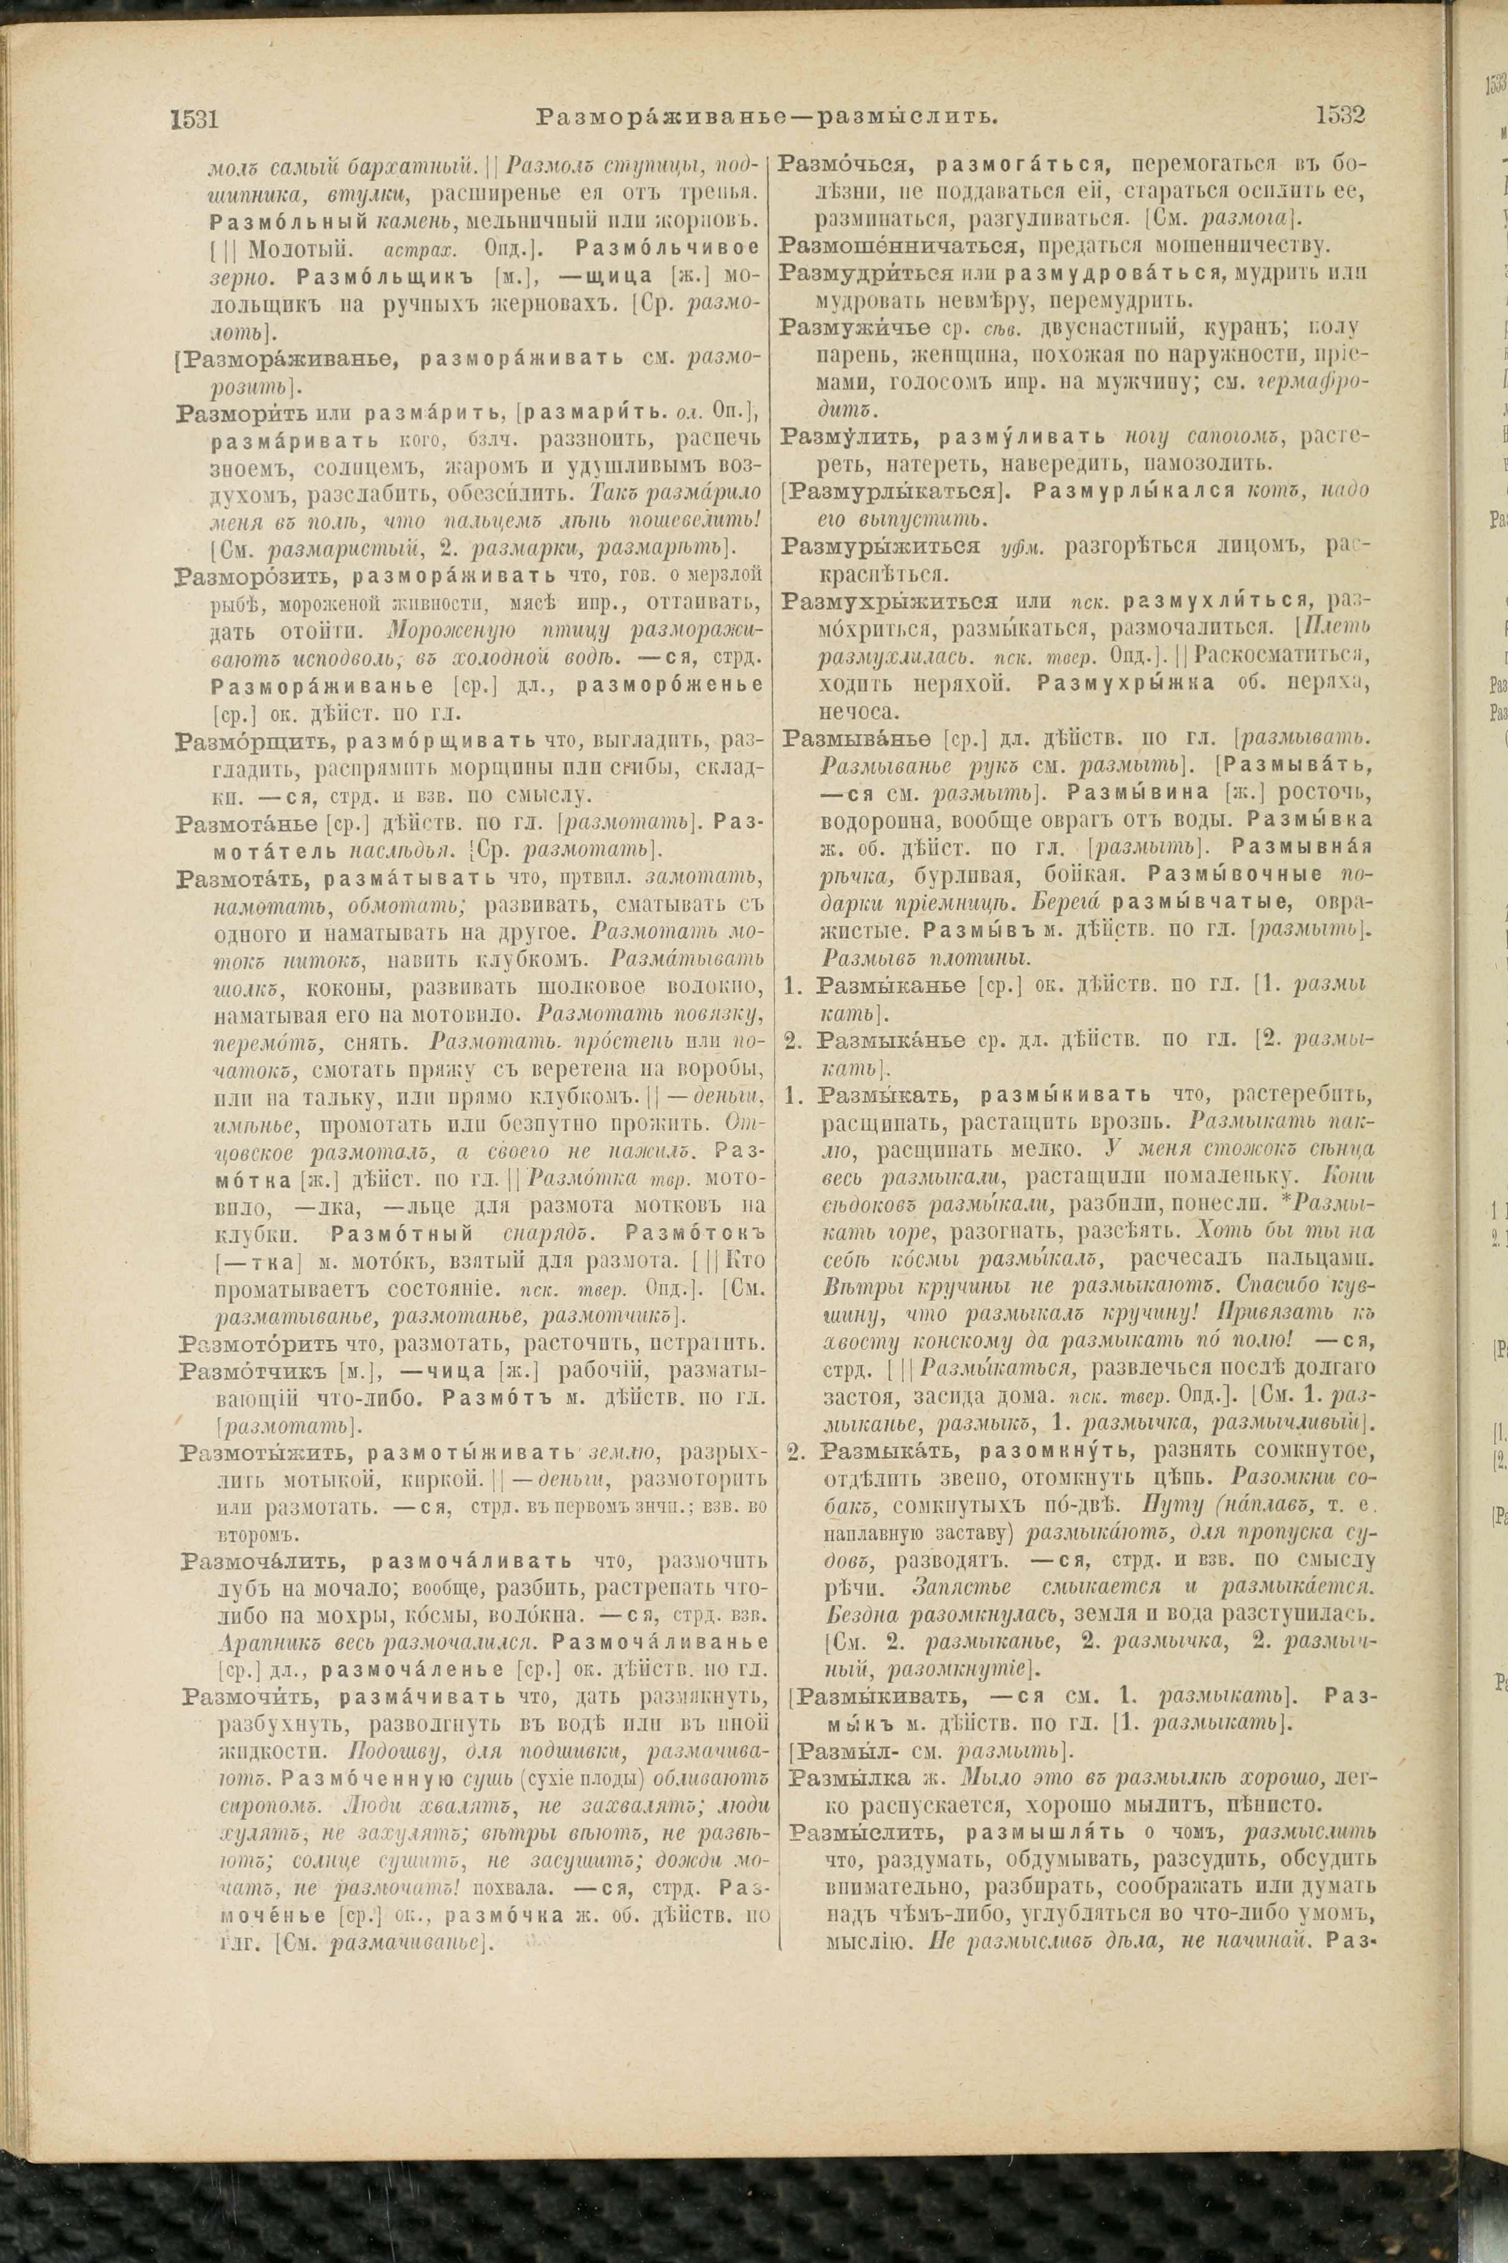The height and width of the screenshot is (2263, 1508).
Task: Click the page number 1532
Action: coord(1341,116)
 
